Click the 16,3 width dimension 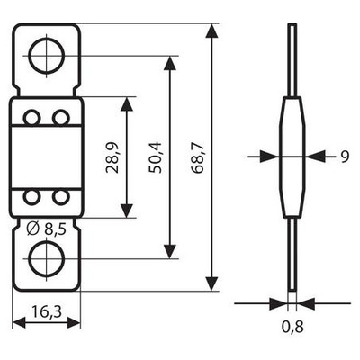tap(47, 314)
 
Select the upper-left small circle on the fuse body tap(31, 118)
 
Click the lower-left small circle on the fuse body tap(31, 197)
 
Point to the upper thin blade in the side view tap(292, 63)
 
